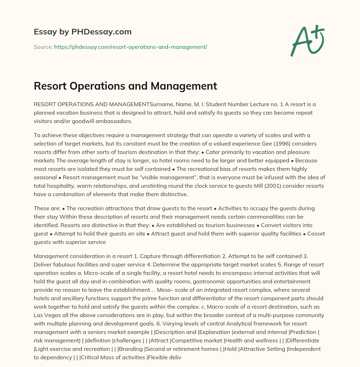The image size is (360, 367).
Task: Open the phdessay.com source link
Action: (130, 47)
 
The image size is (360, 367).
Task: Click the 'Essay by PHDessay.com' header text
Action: (83, 32)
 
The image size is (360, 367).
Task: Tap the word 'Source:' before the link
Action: (43, 47)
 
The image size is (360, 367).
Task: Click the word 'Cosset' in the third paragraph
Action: (316, 233)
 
